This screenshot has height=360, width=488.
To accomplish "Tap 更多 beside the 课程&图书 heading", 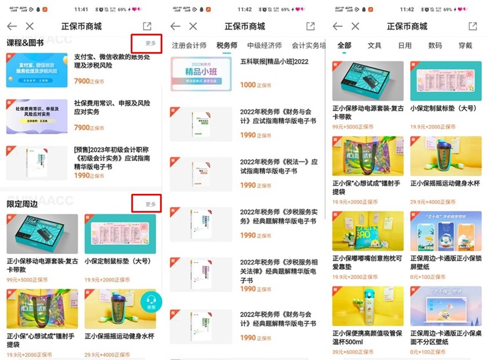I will click(150, 43).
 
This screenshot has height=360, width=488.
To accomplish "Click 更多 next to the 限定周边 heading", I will click(150, 204).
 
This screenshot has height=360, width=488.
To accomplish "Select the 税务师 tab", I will click(227, 45).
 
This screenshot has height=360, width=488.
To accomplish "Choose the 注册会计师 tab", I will click(189, 45).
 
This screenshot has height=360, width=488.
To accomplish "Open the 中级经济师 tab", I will click(264, 45).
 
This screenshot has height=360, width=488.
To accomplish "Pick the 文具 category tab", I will click(375, 45).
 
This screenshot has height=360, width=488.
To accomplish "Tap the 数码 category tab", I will click(435, 45).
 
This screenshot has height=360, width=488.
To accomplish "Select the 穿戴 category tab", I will click(465, 45).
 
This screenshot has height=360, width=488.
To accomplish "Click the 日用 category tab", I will click(405, 45).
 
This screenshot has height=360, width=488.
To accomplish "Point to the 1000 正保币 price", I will click(255, 85).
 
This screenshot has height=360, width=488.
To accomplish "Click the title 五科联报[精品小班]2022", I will click(274, 61).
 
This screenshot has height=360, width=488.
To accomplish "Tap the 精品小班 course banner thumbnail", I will click(202, 74).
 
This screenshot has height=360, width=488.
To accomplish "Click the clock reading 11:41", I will click(82, 10).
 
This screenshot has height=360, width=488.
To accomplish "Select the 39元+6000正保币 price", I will click(354, 351).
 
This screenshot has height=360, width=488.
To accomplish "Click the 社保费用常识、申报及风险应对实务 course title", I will click(112, 108).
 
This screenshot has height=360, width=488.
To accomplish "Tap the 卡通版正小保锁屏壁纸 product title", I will click(446, 262).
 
